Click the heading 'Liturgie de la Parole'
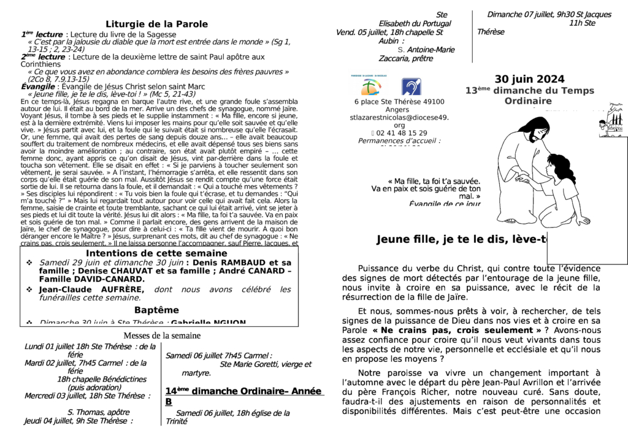coord(156,24)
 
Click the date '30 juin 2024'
coord(529,79)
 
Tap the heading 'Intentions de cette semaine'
coord(156,253)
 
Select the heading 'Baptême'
coord(156,310)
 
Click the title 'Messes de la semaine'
coord(162,335)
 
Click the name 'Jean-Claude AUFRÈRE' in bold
coord(91,289)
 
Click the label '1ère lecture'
coord(42,34)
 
